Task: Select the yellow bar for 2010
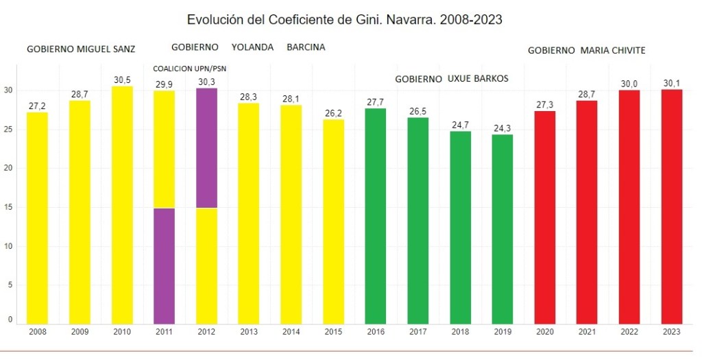(121, 206)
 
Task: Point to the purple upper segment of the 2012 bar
(206, 147)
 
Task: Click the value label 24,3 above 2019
(503, 128)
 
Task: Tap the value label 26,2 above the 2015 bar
(333, 113)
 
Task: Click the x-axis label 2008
(37, 332)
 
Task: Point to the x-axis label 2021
(587, 332)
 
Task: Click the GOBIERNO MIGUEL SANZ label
(81, 49)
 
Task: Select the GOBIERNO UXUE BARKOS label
(452, 79)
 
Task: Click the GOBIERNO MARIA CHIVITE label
(587, 51)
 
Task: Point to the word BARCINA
(306, 47)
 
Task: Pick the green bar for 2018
(460, 227)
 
